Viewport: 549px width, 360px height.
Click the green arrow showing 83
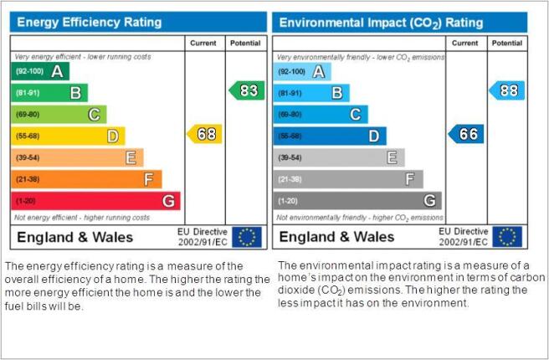247,90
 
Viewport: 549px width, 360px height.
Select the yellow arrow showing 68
204,134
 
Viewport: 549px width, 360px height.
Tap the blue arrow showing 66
466,134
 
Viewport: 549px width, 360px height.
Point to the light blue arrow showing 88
507,90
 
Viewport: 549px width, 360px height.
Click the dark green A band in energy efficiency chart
40,71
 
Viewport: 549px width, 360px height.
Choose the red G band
95,201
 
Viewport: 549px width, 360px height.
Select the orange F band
86,179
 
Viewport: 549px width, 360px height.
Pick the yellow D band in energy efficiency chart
68,136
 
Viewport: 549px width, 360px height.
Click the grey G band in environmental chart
357,201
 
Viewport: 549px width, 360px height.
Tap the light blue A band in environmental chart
302,71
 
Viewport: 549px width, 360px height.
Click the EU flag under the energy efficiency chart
247,237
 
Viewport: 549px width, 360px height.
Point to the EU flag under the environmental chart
507,237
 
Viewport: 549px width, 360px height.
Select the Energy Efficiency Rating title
90,22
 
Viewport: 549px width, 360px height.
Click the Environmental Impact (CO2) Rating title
381,23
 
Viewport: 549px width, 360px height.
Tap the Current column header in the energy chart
203,43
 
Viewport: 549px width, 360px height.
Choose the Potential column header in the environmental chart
507,43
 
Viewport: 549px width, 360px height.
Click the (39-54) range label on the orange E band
28,157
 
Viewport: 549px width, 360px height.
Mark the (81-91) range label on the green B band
28,93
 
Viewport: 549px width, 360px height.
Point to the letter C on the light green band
94,115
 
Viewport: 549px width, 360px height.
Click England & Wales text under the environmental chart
336,237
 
